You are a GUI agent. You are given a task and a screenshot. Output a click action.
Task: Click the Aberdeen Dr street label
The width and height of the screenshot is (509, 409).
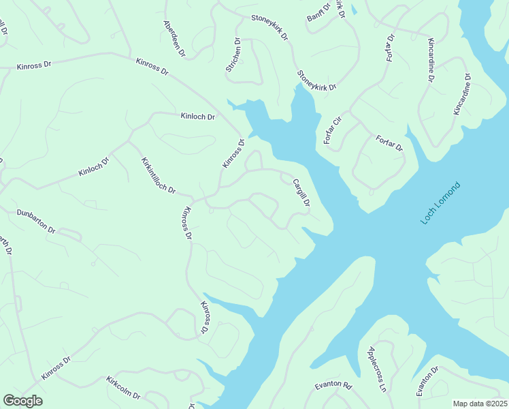174,37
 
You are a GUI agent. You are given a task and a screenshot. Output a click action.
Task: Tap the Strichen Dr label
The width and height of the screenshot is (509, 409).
233,57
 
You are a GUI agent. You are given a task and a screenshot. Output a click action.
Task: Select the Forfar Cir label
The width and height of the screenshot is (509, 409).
331,131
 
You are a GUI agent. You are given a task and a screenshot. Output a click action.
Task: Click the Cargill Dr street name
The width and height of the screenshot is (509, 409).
301,193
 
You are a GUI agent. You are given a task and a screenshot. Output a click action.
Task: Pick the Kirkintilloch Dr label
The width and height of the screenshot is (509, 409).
158,175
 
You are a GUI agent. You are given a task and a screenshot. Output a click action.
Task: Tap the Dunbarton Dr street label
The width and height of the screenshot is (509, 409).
35,221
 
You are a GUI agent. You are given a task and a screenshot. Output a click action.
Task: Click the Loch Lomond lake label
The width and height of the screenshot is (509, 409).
441,203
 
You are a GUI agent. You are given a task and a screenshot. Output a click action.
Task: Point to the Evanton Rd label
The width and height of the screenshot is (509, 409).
333,386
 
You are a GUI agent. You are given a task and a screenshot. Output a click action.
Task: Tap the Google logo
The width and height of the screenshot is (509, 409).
22,401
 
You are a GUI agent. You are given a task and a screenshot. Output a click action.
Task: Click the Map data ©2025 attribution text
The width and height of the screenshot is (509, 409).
480,404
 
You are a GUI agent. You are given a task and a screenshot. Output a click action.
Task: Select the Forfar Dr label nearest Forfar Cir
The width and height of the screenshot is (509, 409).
389,143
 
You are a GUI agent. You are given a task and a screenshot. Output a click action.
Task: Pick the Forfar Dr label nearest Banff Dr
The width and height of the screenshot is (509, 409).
391,48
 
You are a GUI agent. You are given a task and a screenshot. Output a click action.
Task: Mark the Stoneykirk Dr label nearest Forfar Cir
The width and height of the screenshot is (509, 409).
316,80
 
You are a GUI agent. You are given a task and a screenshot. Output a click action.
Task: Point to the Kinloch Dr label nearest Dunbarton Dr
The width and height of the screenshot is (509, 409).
93,167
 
